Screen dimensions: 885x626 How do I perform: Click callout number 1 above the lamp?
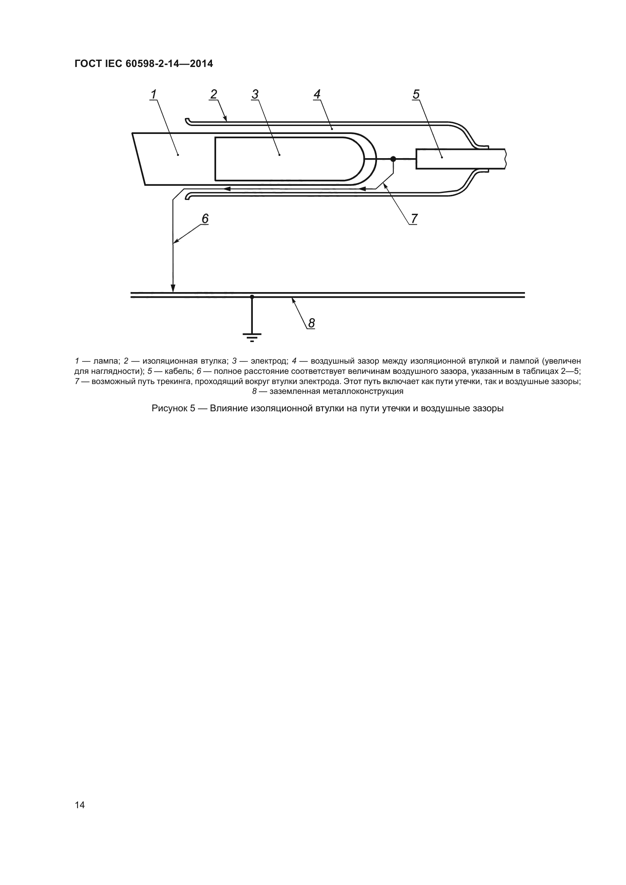(154, 94)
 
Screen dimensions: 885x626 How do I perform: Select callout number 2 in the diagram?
(213, 94)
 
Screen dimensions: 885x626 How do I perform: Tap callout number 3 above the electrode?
(255, 94)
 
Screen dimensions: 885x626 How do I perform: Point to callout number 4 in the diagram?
(317, 94)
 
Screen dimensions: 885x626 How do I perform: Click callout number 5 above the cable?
(416, 94)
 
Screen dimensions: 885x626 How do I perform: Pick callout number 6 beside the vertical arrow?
(205, 219)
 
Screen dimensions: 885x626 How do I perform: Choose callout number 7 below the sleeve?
(414, 219)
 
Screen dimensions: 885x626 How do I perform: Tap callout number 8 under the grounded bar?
(311, 323)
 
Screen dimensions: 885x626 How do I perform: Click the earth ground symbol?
(252, 336)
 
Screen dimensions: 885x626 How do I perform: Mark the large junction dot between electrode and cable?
(393, 159)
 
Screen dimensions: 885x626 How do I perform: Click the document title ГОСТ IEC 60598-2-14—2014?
(144, 64)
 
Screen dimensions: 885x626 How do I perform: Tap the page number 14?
(80, 805)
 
